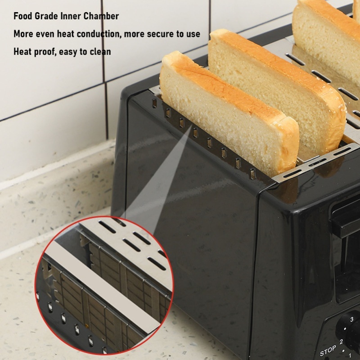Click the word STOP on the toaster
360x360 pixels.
click(x=328, y=351)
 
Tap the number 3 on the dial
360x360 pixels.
click(x=351, y=319)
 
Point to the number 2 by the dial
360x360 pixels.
click(x=341, y=342)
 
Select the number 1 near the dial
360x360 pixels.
click(x=350, y=355)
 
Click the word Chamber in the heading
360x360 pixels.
click(x=101, y=16)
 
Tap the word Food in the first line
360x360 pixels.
click(x=23, y=16)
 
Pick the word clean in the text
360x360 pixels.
click(x=100, y=51)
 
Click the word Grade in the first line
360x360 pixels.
click(x=46, y=16)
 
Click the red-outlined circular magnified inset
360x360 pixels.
click(x=103, y=285)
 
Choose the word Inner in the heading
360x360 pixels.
click(x=71, y=16)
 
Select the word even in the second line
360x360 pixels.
click(x=45, y=34)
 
